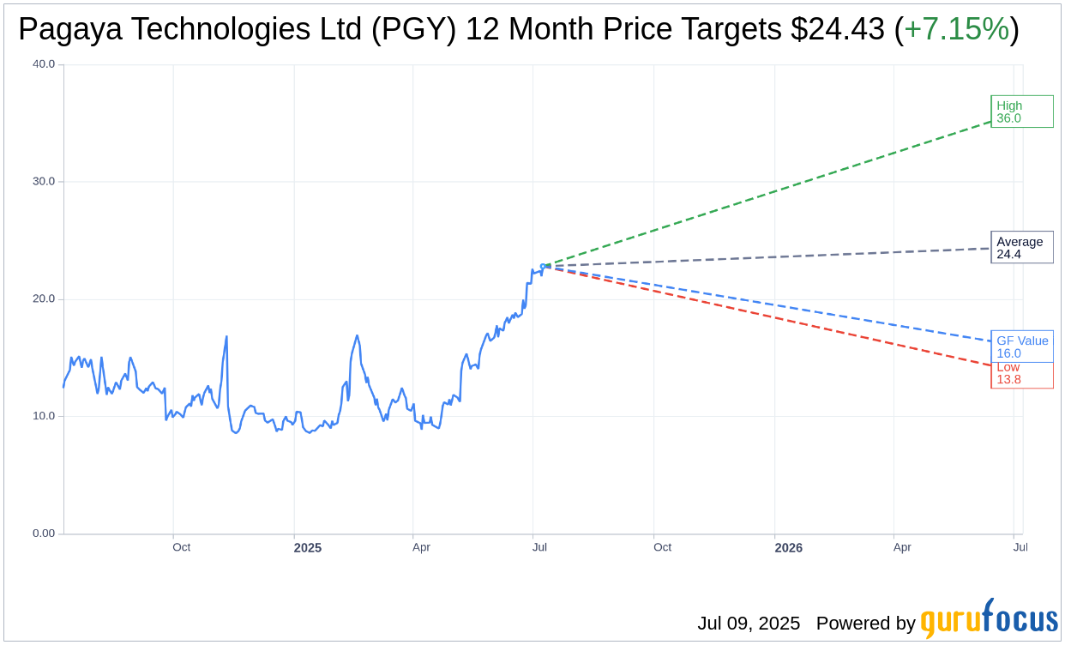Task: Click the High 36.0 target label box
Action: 1021,112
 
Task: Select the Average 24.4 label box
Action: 1021,247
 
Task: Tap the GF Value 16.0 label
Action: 1021,347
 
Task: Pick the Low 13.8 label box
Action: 1021,375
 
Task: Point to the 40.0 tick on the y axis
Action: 44,63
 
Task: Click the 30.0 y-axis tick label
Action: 44,181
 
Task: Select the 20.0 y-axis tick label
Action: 44,298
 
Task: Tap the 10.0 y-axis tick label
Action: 44,416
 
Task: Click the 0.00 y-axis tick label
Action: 44,533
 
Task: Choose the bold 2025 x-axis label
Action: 307,547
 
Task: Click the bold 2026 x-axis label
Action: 788,547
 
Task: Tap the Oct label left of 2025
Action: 181,547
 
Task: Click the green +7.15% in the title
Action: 956,29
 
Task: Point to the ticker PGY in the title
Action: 426,29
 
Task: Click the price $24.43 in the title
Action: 837,29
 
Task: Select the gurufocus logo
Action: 989,619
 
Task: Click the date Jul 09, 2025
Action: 748,624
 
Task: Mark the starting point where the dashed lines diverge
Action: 545,266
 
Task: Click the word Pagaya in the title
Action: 67,29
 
